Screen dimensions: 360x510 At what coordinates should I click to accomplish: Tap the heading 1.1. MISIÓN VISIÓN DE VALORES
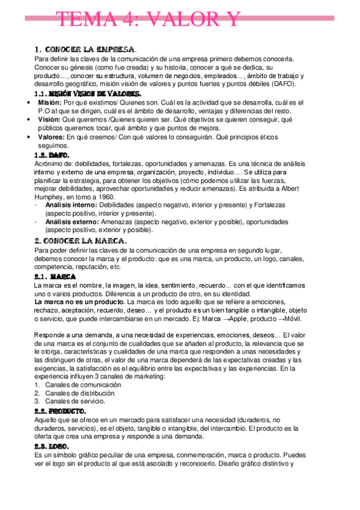(88, 94)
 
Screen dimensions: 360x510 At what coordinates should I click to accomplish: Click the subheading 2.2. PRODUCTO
(63, 410)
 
